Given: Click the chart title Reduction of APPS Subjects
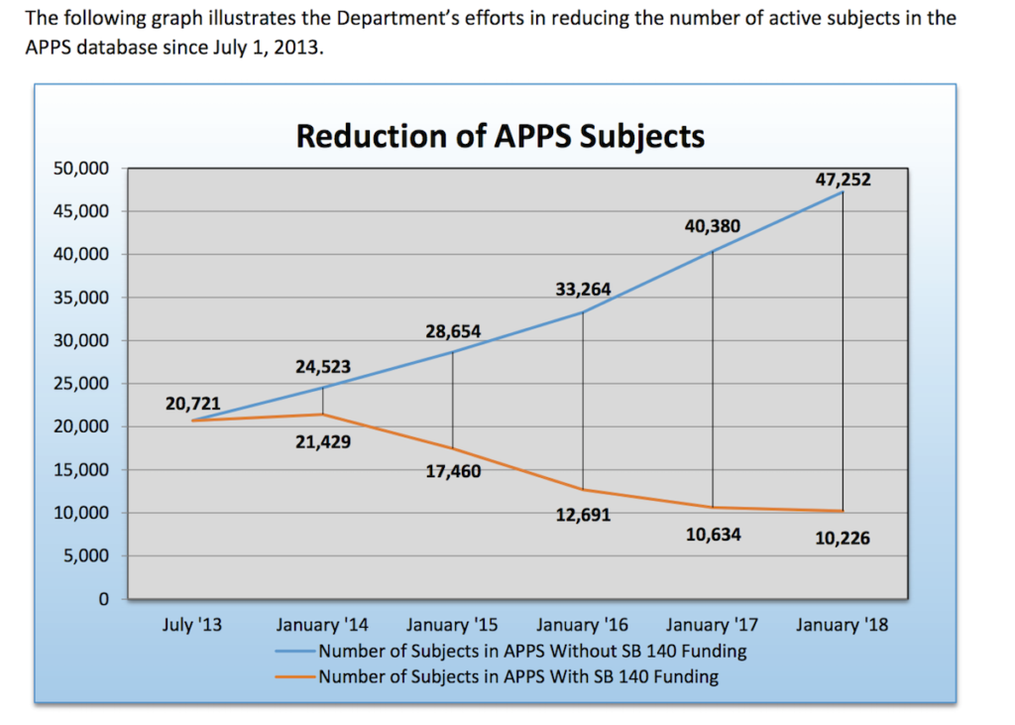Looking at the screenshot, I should point(500,135).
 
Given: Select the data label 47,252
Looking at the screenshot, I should point(843,179).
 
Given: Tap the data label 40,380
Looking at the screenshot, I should point(712,226).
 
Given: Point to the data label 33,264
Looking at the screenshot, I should point(583,290).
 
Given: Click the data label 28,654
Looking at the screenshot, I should point(453,331).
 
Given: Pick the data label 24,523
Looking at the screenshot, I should point(323,367).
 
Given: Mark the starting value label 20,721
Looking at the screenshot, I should point(193,404).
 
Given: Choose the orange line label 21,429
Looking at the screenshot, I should point(323,442).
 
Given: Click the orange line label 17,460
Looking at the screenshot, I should point(453,471).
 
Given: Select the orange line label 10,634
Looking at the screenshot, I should point(712,536).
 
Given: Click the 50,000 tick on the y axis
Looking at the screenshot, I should point(80,169).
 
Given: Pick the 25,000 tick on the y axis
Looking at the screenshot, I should point(80,384).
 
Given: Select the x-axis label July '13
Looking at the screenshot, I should point(192,625).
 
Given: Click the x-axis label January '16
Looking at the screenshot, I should point(583,625).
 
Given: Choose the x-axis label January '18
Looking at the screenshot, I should point(843,625).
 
